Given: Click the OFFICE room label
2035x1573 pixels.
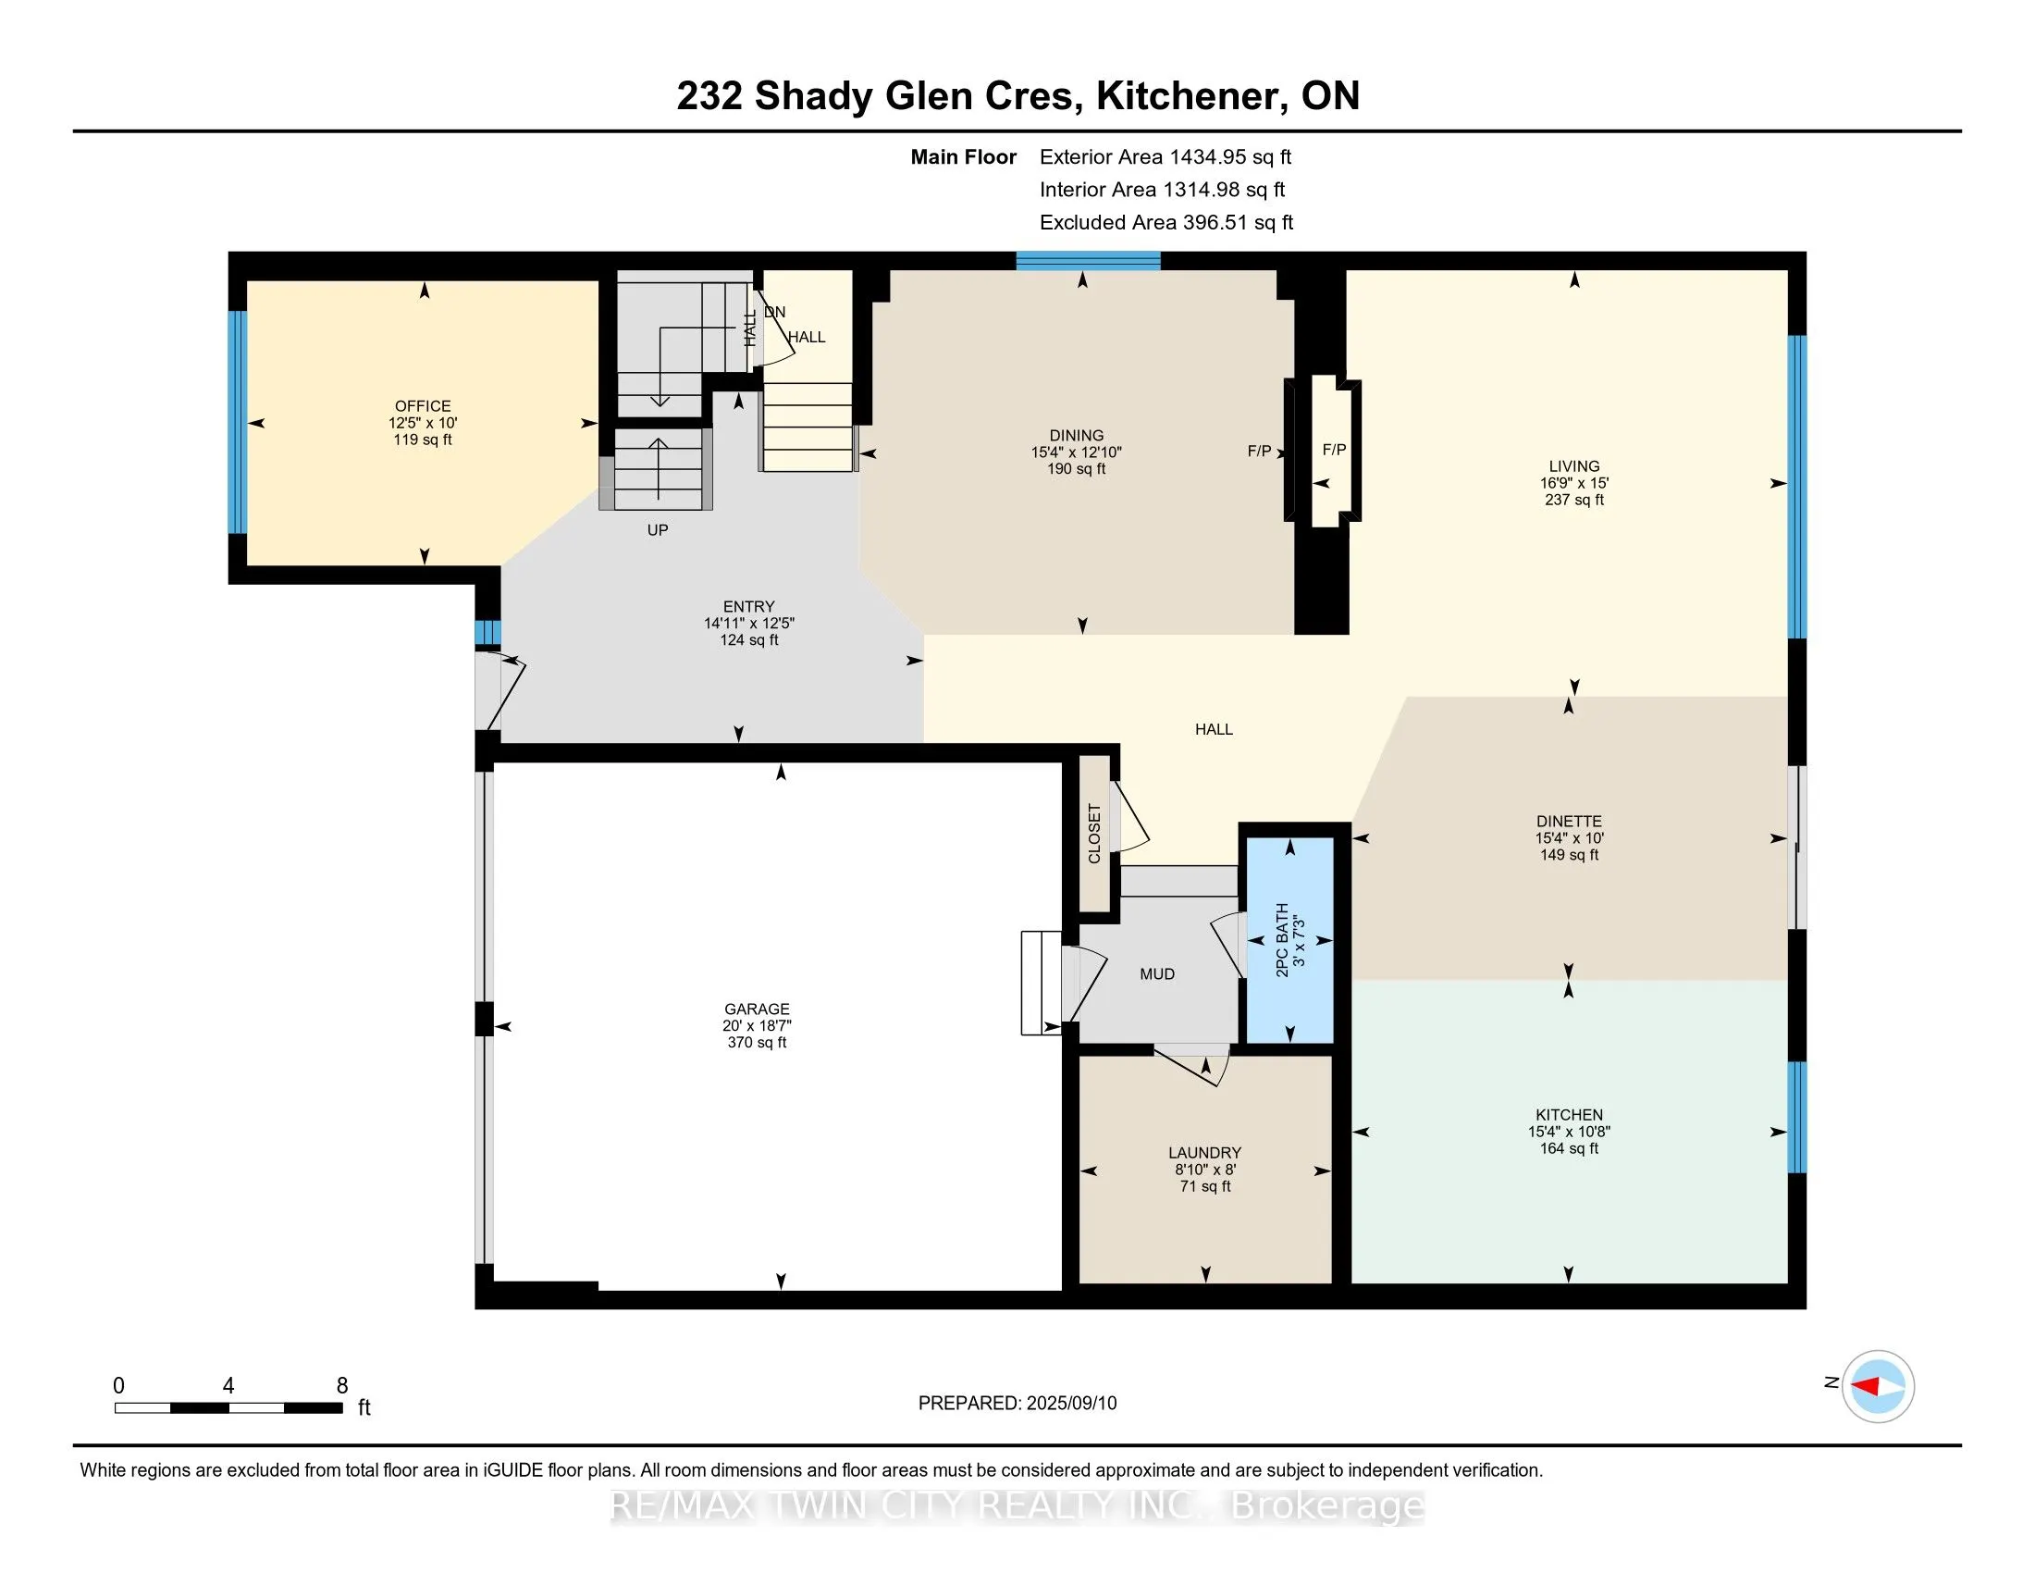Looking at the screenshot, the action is (x=423, y=406).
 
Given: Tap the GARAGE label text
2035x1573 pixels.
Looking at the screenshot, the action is (x=757, y=1009).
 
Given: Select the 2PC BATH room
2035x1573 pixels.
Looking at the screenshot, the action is (x=1289, y=940).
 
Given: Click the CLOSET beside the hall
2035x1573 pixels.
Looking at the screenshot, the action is (x=1095, y=833).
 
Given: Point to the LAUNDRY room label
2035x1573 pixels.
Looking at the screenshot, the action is (x=1204, y=1153).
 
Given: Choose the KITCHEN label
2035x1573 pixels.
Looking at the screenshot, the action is (x=1569, y=1116).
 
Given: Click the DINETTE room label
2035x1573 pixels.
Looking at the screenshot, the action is (x=1569, y=822).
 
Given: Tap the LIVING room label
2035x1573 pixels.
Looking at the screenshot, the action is (x=1573, y=467).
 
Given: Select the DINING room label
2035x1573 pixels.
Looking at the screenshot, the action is (x=1076, y=436).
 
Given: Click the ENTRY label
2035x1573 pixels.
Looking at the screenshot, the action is (x=748, y=607).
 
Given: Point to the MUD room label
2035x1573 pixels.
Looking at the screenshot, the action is (x=1157, y=974).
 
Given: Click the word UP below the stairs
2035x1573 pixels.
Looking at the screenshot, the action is (x=658, y=530).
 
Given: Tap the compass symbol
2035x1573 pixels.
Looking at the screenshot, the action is (x=1878, y=1387).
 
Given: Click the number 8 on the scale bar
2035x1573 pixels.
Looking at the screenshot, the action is (x=342, y=1386).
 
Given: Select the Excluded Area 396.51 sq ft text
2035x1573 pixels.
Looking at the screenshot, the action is (x=1166, y=223).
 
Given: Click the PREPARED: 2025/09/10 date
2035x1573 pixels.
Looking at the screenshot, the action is (x=1017, y=1404).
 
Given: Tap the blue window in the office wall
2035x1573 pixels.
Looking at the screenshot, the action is (x=238, y=422).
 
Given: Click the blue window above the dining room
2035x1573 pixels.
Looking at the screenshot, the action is (x=1088, y=261).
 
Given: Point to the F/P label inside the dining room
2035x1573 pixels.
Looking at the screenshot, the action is (x=1259, y=451).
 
